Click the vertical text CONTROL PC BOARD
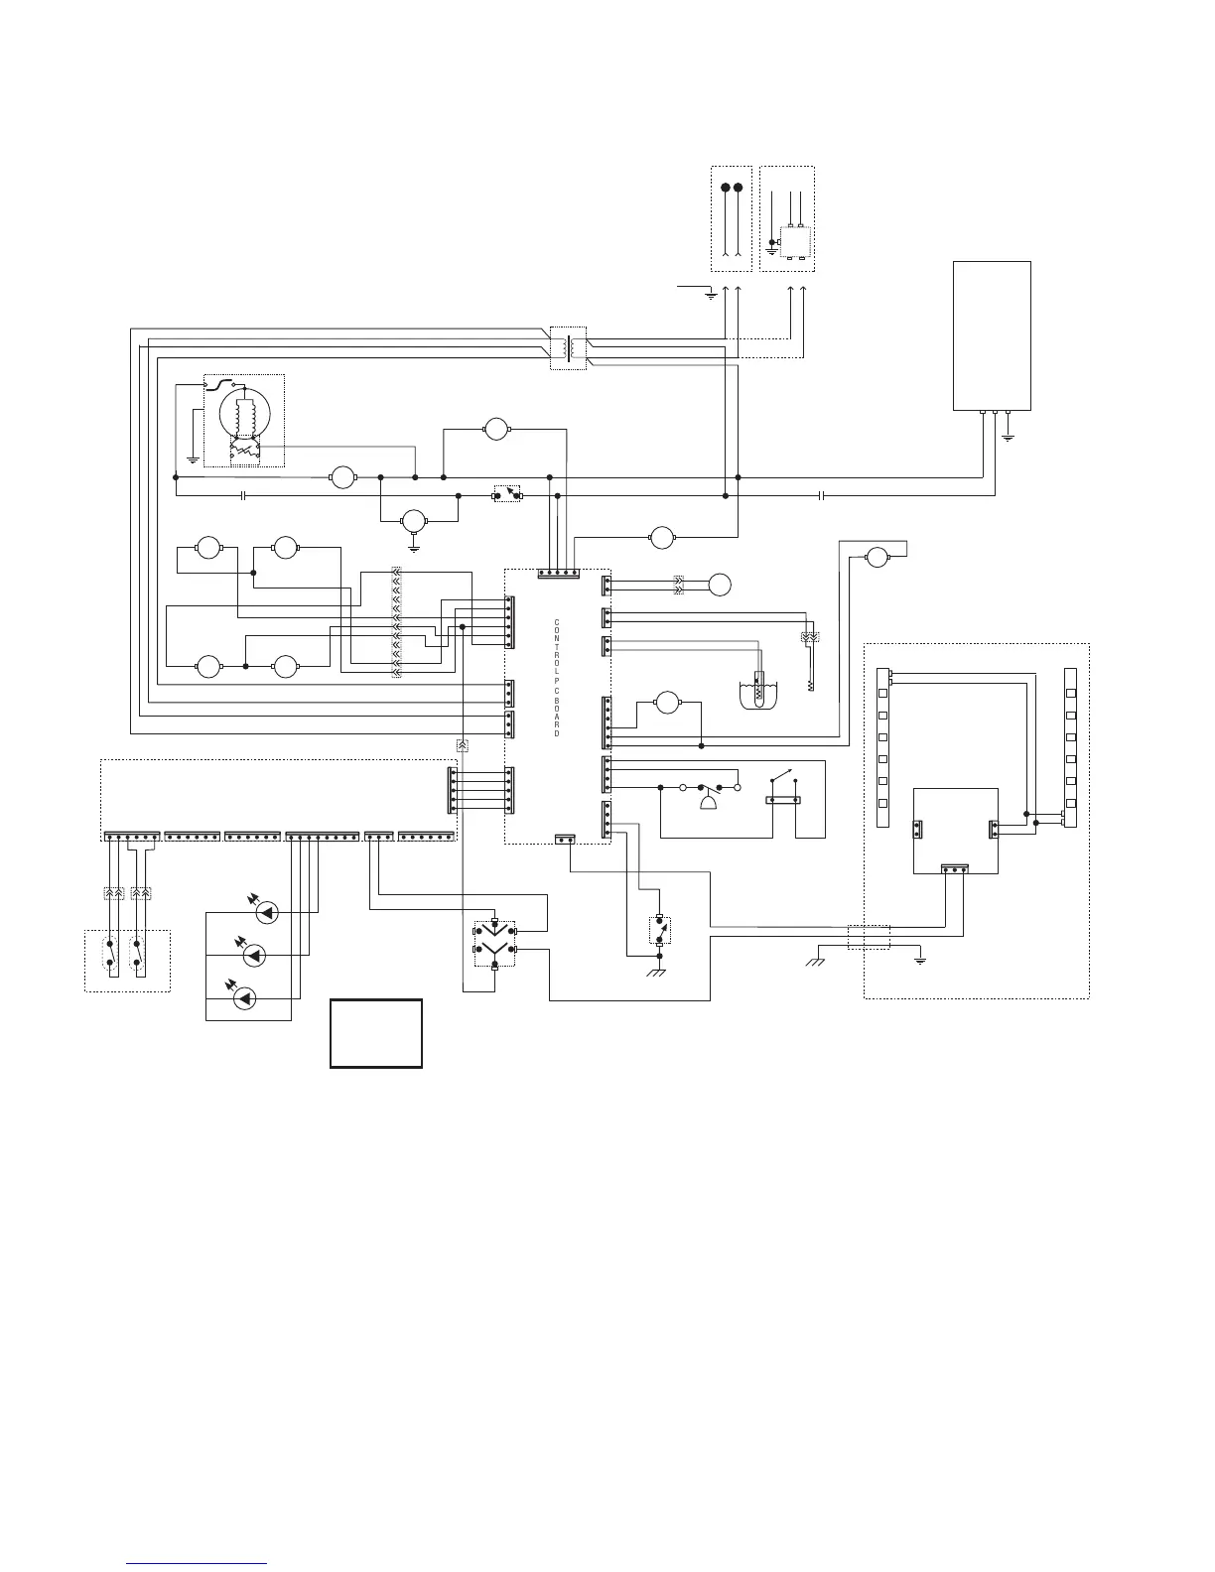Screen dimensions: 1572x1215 [x=557, y=678]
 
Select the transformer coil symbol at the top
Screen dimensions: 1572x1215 [x=568, y=346]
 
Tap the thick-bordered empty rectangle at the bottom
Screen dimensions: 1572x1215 [x=376, y=1033]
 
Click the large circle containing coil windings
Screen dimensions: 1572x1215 [x=244, y=412]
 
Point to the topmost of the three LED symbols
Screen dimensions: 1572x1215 [x=264, y=911]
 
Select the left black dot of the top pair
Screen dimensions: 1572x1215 [x=726, y=188]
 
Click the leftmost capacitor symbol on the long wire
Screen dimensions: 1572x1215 [x=243, y=495]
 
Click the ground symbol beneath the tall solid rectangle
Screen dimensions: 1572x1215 [x=1008, y=435]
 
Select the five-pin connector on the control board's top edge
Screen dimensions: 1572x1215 [x=558, y=574]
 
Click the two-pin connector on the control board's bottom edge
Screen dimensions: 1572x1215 [x=565, y=840]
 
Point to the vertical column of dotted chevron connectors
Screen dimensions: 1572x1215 [x=396, y=623]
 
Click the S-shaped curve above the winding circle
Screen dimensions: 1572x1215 [x=226, y=383]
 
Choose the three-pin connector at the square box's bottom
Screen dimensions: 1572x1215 [x=955, y=869]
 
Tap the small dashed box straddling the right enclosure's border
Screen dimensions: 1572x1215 [x=869, y=937]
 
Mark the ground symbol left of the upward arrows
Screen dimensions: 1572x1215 [x=709, y=294]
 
